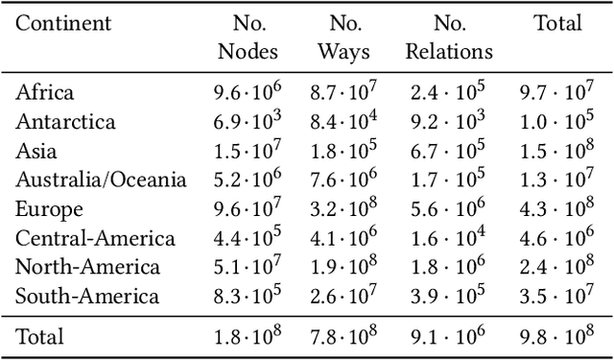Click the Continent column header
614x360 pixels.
63,23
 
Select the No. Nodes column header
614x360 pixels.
248,36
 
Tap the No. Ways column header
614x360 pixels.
344,36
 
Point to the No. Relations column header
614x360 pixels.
449,36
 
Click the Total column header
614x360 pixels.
556,23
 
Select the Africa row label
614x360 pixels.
45,93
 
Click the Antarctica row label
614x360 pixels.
66,122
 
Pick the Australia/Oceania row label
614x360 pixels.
102,180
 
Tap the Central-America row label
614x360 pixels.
96,238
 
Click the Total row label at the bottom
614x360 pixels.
40,336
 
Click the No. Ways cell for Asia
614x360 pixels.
344,152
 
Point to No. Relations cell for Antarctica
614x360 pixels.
449,122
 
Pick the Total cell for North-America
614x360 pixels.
556,268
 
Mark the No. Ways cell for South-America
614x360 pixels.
344,297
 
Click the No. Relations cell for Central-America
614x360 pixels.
449,238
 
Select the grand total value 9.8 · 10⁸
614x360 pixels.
556,336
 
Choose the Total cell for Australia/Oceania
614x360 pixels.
556,180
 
